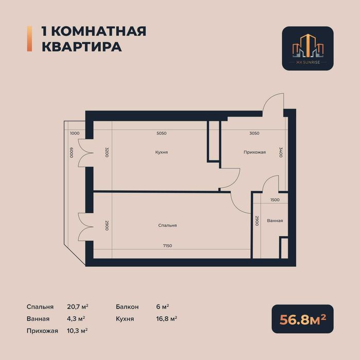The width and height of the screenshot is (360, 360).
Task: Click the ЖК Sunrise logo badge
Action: (308, 48)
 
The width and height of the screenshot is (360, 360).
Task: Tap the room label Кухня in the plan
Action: (161, 152)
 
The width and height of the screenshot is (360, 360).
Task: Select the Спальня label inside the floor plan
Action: (168, 225)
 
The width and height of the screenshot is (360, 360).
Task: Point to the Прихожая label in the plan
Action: (255, 152)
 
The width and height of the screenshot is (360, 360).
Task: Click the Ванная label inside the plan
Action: (275, 221)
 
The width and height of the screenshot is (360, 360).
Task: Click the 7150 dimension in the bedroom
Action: (167, 246)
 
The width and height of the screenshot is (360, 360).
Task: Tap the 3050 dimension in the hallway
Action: (254, 133)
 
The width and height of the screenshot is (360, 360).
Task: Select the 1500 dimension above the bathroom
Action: (275, 200)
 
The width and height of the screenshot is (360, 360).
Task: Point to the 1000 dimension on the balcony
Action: (75, 133)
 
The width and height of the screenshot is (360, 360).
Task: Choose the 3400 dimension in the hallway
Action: (281, 153)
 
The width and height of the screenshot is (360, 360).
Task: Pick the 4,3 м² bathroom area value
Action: (76, 319)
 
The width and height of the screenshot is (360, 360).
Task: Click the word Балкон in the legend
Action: (128, 307)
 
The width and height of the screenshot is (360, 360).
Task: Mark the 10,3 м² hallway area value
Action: (77, 331)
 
